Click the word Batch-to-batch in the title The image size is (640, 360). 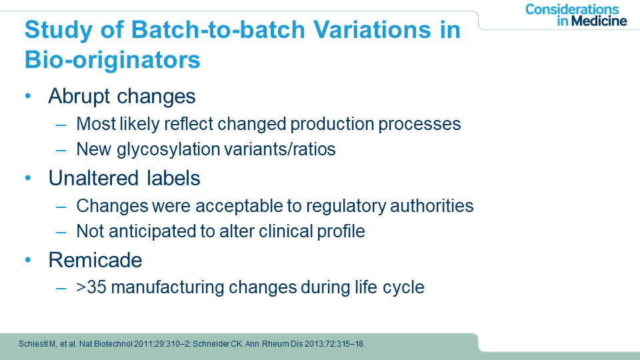(219, 30)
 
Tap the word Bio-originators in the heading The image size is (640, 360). (113, 60)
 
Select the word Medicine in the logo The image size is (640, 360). (599, 21)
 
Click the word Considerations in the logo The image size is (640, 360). (572, 9)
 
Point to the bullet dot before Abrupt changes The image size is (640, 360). (28, 96)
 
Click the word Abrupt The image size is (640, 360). (79, 97)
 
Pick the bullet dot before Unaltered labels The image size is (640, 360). (28, 178)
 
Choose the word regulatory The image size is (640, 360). (346, 206)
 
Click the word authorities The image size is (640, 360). (432, 206)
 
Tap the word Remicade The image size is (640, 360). (95, 260)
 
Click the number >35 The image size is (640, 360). (91, 287)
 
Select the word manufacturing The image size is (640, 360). (167, 288)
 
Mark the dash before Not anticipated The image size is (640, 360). (61, 233)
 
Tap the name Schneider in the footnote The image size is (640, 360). (211, 344)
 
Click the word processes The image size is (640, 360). (419, 125)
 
